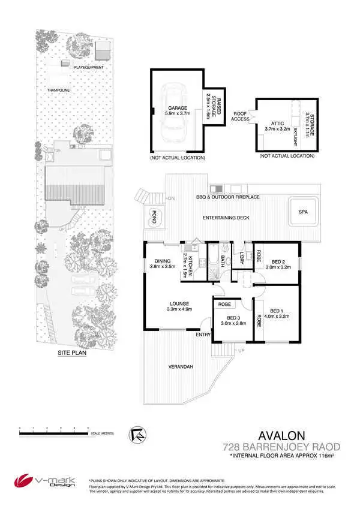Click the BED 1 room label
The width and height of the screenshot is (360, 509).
pos(277,313)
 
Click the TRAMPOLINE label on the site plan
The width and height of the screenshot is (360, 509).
pos(59,90)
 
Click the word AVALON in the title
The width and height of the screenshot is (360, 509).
pos(282,435)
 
